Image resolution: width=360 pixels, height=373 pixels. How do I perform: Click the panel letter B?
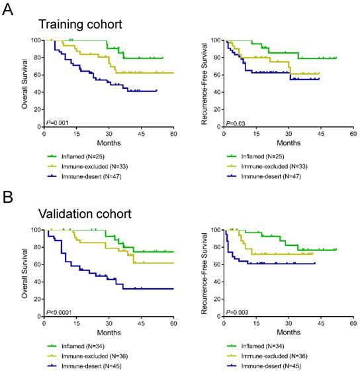(9, 197)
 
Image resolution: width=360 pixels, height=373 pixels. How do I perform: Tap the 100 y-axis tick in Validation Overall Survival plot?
(36, 230)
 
